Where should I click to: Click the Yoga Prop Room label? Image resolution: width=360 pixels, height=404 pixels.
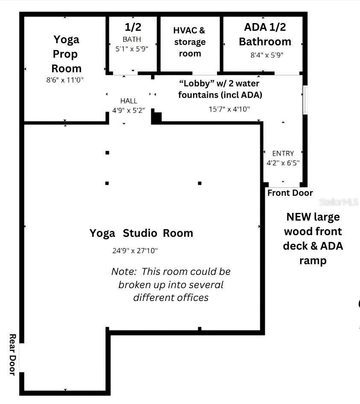pos(66,54)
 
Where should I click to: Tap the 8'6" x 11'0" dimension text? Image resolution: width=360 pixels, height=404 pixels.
pos(65,80)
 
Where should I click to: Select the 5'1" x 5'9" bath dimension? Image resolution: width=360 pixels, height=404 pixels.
pos(132,49)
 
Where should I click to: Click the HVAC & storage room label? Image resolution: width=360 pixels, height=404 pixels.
pos(189,42)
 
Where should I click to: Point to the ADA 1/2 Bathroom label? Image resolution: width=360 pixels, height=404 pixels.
pos(265,34)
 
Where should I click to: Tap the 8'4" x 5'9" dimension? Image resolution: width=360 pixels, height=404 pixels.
pos(267,55)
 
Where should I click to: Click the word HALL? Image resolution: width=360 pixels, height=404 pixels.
pos(129,101)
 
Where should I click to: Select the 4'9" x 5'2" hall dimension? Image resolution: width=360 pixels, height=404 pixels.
pos(129,110)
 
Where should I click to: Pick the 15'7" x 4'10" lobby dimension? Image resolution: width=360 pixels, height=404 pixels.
pos(229,109)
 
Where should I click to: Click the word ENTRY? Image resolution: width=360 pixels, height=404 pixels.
pos(283,153)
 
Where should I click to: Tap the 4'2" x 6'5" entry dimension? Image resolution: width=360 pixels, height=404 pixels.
pos(283,162)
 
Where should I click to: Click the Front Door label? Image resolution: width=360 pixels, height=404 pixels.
pos(290,193)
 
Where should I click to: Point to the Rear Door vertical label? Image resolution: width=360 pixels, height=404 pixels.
pos(12,355)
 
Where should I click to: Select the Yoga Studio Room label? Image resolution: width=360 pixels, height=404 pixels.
pos(141,233)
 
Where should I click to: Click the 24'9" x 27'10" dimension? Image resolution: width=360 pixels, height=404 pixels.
pos(135,251)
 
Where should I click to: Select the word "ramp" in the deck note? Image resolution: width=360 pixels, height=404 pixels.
pos(313,260)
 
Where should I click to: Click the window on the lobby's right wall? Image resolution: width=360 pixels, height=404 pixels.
pos(305,100)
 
